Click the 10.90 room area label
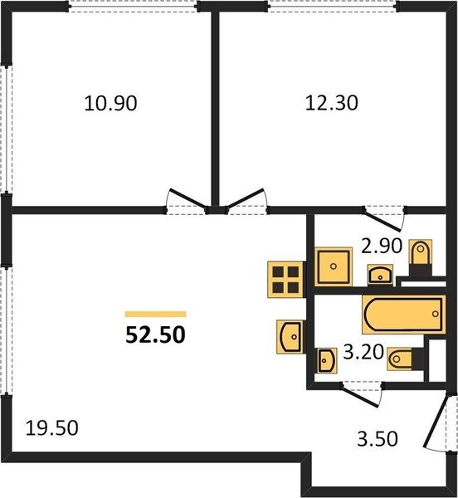click(111, 104)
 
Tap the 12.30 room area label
click(331, 103)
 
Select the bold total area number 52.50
click(155, 335)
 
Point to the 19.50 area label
click(51, 427)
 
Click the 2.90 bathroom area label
click(382, 246)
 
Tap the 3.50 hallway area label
click(378, 439)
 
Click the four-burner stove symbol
click(285, 280)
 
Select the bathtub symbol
click(404, 315)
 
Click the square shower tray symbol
click(334, 266)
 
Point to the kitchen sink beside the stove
click(290, 337)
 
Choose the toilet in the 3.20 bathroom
click(405, 359)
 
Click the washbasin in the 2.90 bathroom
click(380, 275)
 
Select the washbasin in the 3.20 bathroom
click(326, 360)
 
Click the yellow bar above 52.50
click(155, 314)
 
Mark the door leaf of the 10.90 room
click(188, 198)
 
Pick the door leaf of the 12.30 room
click(246, 198)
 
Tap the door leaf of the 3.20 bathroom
click(360, 397)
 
